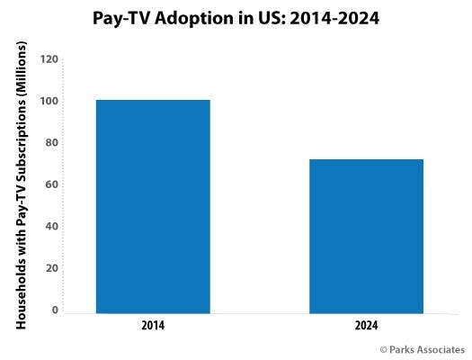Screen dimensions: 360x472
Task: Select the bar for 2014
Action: (x=152, y=206)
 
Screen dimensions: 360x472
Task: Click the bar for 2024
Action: (x=365, y=236)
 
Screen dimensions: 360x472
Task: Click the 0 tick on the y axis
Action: (x=55, y=310)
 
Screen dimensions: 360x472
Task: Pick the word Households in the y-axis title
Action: (x=20, y=287)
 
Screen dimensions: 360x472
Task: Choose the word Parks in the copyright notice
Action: (x=404, y=348)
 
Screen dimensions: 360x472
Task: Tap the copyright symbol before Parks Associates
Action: (x=384, y=348)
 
